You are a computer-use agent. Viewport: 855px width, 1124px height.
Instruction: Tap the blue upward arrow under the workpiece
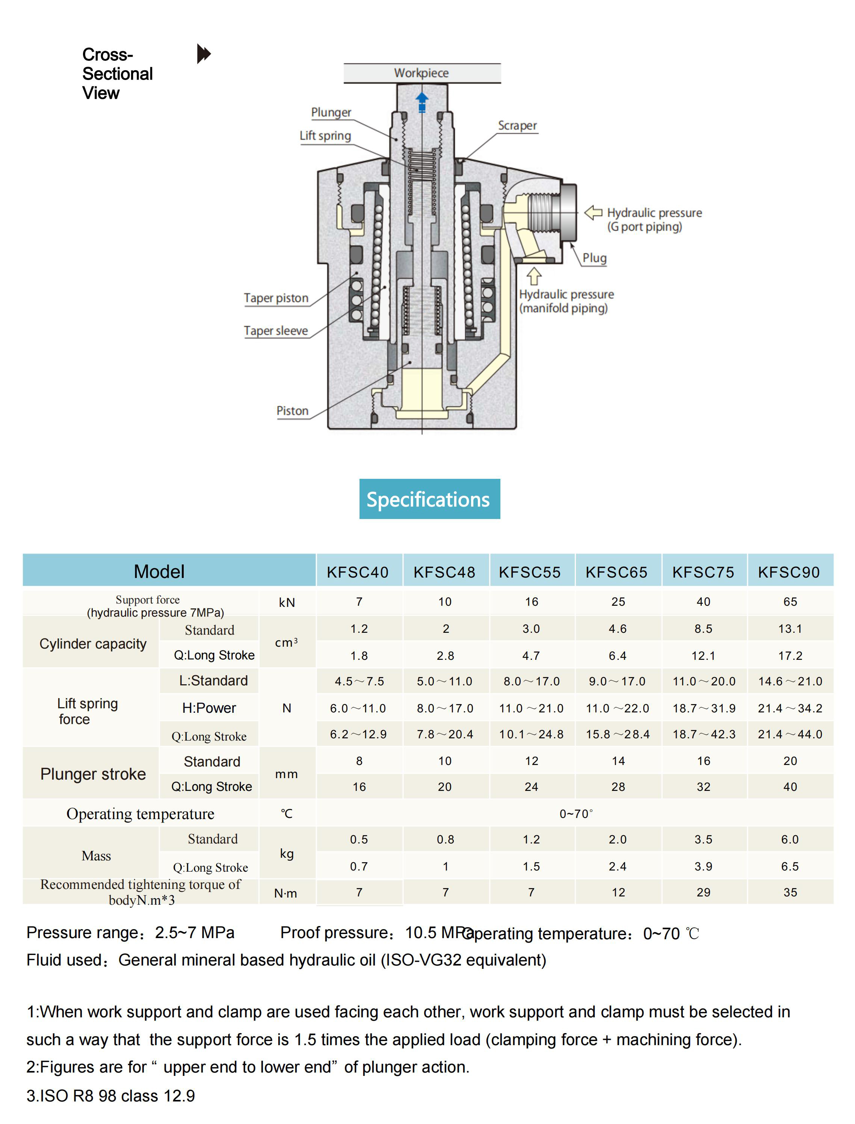(x=422, y=102)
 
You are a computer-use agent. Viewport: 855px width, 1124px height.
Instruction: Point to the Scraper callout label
(x=517, y=125)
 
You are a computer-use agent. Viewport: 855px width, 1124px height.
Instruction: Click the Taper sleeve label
(x=276, y=331)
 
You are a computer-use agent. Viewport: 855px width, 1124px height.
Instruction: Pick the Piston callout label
(x=292, y=410)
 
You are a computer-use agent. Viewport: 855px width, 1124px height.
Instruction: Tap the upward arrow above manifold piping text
(x=534, y=276)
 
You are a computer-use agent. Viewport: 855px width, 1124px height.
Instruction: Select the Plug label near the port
(x=594, y=258)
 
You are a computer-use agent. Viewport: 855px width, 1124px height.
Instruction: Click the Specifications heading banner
(x=429, y=499)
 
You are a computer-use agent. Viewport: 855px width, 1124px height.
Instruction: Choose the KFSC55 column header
(x=530, y=572)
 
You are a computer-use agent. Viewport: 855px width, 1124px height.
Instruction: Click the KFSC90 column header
(x=789, y=572)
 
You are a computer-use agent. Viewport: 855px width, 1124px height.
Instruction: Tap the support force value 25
(x=618, y=602)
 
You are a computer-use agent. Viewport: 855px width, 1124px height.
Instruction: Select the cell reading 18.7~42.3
(x=704, y=734)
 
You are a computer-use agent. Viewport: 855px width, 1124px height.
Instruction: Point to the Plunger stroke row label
(x=93, y=774)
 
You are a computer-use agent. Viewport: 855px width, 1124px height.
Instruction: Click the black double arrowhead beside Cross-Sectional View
(x=204, y=54)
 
